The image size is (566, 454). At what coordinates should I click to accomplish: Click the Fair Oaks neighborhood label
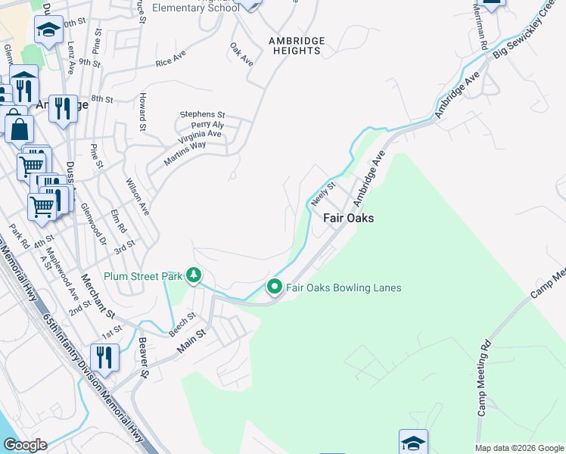[349, 218]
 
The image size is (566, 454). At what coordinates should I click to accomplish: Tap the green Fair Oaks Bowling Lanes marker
[273, 288]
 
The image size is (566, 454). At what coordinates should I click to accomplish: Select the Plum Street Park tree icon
[194, 275]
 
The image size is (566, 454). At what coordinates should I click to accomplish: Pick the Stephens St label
[202, 114]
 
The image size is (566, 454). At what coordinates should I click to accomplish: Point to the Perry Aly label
[207, 124]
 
